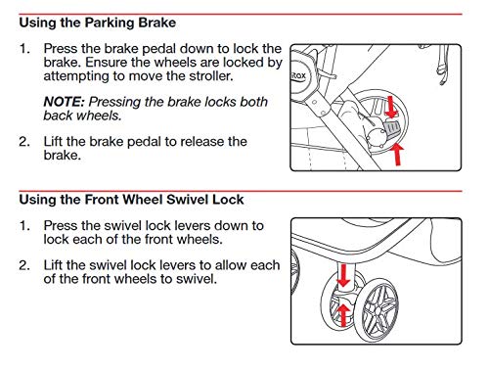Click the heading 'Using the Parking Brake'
coord(98,23)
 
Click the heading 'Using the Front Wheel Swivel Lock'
coord(131,200)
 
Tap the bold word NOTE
coord(65,102)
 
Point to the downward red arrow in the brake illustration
coord(391,107)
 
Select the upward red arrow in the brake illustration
coord(397,154)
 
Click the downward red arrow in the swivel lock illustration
coord(343,276)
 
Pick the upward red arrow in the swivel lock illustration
coord(342,315)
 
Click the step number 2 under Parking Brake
coord(23,142)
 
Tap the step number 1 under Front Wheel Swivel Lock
coord(23,226)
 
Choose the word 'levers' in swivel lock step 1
coord(192,226)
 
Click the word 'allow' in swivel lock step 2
coord(231,265)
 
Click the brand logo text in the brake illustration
coord(298,76)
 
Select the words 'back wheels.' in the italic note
coord(82,116)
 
